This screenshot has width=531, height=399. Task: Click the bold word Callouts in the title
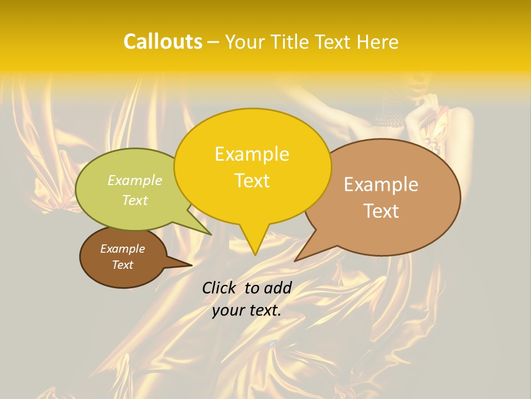click(x=163, y=42)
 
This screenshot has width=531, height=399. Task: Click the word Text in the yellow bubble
click(x=252, y=180)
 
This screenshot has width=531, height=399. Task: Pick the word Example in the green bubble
click(x=135, y=180)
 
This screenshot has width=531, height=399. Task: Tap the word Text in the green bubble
click(x=135, y=200)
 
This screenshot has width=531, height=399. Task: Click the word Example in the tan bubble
click(x=381, y=184)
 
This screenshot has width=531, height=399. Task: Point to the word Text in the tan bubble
click(x=381, y=211)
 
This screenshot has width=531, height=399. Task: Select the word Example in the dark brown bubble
click(x=122, y=249)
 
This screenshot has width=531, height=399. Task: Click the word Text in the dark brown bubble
click(x=122, y=264)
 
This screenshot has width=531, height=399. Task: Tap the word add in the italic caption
click(x=278, y=288)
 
